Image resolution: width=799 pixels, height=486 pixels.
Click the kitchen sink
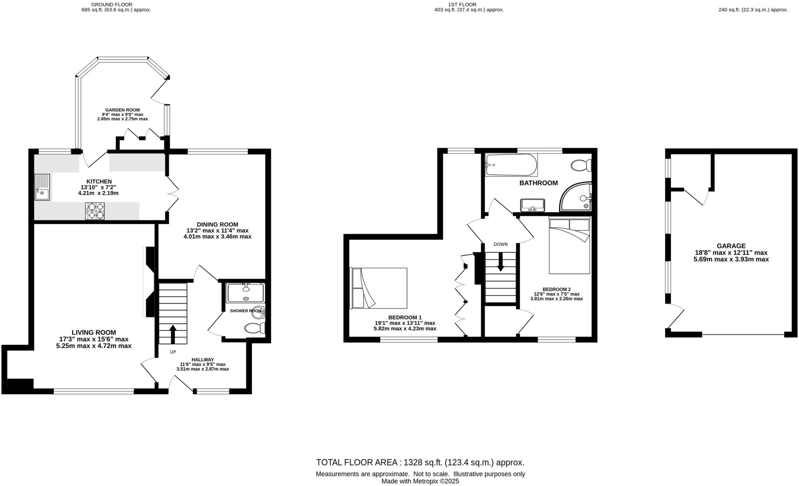[x=42, y=187]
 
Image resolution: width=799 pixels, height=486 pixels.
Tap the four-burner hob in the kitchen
[x=95, y=211]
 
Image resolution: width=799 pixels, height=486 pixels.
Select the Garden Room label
[x=123, y=114]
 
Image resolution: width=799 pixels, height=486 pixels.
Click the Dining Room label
[x=217, y=230]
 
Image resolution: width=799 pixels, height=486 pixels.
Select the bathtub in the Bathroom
[x=511, y=165]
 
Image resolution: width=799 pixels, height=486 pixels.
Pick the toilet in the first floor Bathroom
[x=581, y=166]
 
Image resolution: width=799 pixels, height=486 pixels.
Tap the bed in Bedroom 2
[x=569, y=246]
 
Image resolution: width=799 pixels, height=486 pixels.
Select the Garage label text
[x=731, y=252]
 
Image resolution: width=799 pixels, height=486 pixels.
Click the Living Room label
[x=94, y=339]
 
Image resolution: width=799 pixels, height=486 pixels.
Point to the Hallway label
[x=202, y=364]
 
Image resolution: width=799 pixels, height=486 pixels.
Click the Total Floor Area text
[x=420, y=463]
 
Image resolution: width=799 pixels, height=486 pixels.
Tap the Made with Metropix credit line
[x=420, y=481]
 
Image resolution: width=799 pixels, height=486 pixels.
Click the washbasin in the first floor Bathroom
[x=533, y=204]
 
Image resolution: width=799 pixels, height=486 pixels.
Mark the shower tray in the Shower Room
[x=245, y=293]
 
